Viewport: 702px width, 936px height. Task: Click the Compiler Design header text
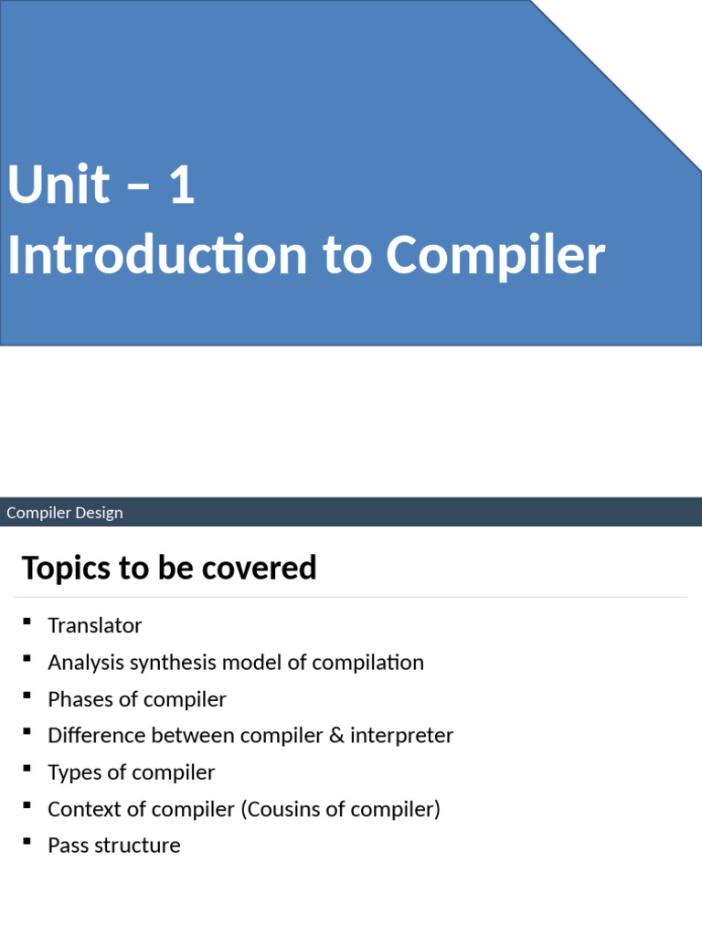65,513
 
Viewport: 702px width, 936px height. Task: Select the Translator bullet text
95,626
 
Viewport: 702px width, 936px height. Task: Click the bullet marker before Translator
27,622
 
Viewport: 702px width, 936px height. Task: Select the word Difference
97,736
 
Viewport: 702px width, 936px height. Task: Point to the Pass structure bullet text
114,846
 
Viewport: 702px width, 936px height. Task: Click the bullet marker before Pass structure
27,842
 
